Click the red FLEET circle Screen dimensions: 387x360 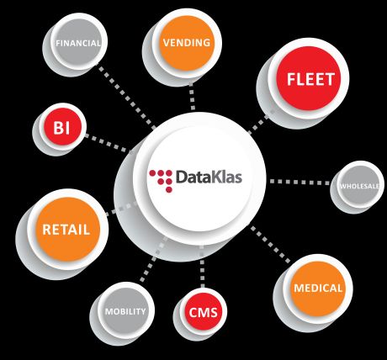tap(309, 78)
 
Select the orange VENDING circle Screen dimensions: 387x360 tap(187, 43)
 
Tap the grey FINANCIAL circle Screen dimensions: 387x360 tap(77, 43)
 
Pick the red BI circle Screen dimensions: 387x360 tap(61, 128)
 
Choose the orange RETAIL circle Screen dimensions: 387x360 tap(67, 229)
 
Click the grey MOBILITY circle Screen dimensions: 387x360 tap(125, 311)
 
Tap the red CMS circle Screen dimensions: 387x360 tap(203, 312)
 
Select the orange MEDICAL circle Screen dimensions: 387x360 tap(318, 289)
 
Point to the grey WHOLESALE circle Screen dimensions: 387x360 tap(360, 186)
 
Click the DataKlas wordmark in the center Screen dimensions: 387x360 tap(209, 177)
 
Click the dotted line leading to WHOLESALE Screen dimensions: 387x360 tap(300, 182)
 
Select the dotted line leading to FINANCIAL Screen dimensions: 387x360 tap(126, 97)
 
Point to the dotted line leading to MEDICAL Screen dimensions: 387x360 tap(270, 245)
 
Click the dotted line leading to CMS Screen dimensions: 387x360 tap(203, 266)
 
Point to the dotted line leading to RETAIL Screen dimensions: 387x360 tap(121, 209)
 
